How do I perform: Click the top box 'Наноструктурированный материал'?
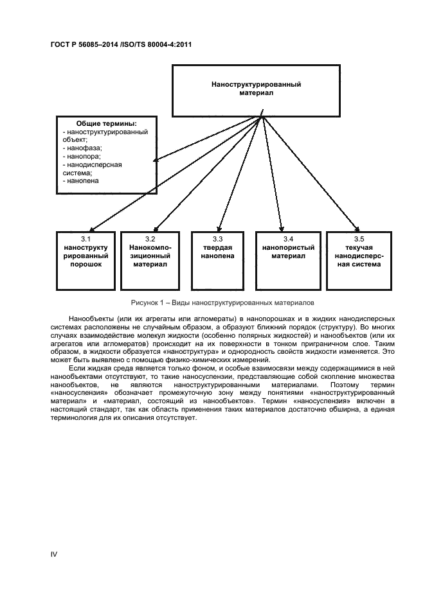click(x=257, y=88)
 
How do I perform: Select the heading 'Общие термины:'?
click(x=106, y=123)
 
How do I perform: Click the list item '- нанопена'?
click(x=80, y=181)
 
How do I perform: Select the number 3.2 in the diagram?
click(x=150, y=239)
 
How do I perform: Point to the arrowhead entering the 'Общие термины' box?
click(x=156, y=160)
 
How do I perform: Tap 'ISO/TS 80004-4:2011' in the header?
click(x=154, y=45)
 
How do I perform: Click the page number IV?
click(x=54, y=553)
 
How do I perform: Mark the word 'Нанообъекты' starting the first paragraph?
click(x=89, y=318)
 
